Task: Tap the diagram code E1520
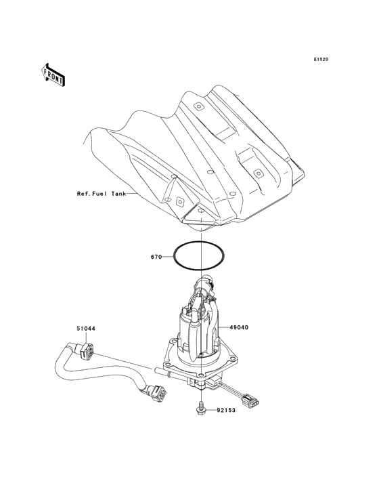(x=320, y=60)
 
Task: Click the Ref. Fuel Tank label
(x=101, y=194)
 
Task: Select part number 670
(x=156, y=257)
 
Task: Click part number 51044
(x=85, y=329)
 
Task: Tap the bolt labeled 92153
(x=202, y=410)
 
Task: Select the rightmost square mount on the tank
(x=258, y=173)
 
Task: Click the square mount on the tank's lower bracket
(x=179, y=202)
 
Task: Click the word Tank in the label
(x=119, y=194)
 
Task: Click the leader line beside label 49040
(x=222, y=327)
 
